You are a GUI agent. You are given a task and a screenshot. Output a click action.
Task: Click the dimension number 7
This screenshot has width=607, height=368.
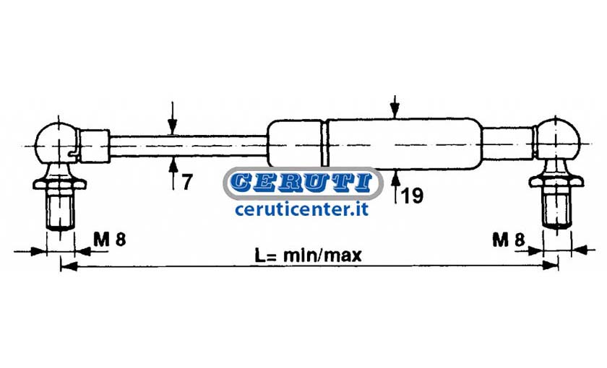186,183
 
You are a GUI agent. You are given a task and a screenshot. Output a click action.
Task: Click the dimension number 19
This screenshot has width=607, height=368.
412,196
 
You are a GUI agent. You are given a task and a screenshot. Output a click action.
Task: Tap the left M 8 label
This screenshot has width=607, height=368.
110,240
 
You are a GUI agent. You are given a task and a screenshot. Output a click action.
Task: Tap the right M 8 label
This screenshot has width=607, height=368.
509,240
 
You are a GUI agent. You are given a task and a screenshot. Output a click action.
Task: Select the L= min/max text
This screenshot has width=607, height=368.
308,255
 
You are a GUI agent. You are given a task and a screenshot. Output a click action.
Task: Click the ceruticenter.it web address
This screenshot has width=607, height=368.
301,209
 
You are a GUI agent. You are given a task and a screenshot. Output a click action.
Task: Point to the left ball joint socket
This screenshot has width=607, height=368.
57,142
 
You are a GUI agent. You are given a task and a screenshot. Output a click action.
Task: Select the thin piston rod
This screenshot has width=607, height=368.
189,146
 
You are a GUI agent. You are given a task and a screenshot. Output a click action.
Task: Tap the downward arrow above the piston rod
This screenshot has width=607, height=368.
173,118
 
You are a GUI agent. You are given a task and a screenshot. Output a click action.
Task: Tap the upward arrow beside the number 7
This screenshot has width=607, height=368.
173,174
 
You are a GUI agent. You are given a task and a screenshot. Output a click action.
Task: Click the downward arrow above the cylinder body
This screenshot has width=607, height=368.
395,107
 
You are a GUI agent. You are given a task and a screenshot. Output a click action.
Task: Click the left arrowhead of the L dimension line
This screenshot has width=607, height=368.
69,266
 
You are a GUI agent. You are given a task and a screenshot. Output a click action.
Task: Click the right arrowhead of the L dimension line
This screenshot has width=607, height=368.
549,266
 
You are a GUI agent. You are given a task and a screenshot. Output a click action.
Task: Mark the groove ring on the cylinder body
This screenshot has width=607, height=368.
324,143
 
